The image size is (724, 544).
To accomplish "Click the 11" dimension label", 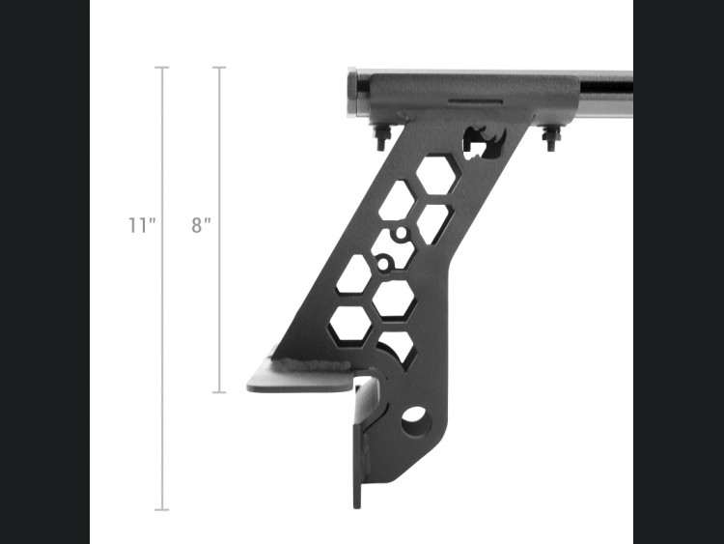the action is (142, 225).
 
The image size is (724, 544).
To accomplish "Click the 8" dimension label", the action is (201, 225).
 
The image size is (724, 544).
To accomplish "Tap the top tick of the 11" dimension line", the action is (161, 68).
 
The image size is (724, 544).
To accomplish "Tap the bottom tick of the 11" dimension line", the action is (161, 510).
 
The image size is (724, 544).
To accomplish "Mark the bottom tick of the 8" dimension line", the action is (219, 392).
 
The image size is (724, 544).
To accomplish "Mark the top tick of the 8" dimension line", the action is (219, 68).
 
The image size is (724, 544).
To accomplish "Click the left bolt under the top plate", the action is (383, 137).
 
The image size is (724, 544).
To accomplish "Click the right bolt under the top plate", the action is (550, 137).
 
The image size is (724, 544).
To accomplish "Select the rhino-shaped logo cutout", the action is (485, 141).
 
